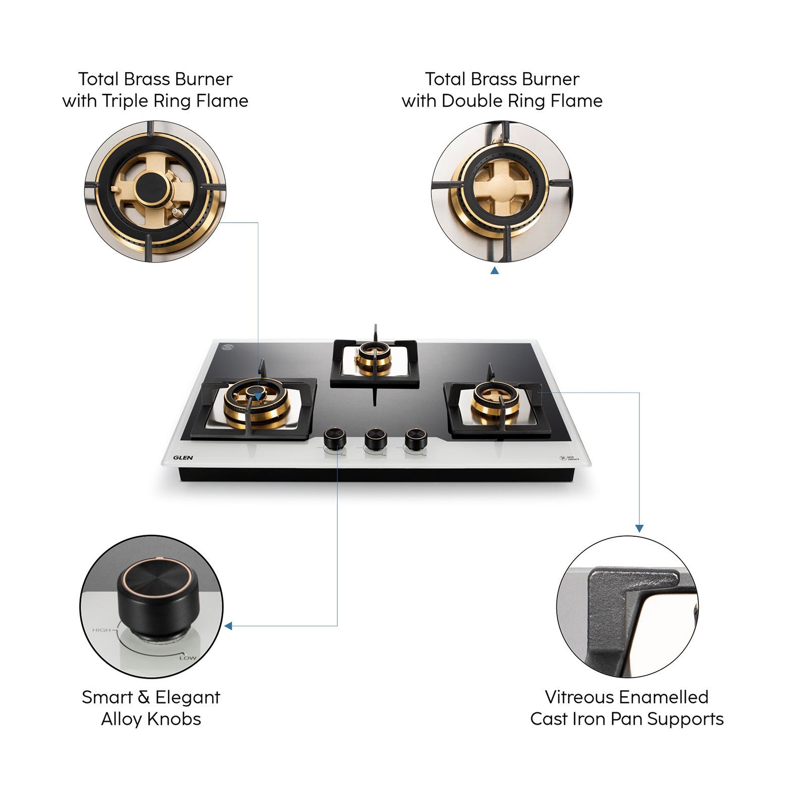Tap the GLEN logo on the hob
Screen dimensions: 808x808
183,458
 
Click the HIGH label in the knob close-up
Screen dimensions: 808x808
102,630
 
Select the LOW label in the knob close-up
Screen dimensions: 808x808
187,658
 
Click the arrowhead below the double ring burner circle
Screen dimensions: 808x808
494,271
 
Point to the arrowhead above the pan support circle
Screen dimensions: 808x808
639,528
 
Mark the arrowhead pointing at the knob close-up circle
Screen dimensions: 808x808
229,626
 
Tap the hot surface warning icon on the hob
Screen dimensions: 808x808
563,459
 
